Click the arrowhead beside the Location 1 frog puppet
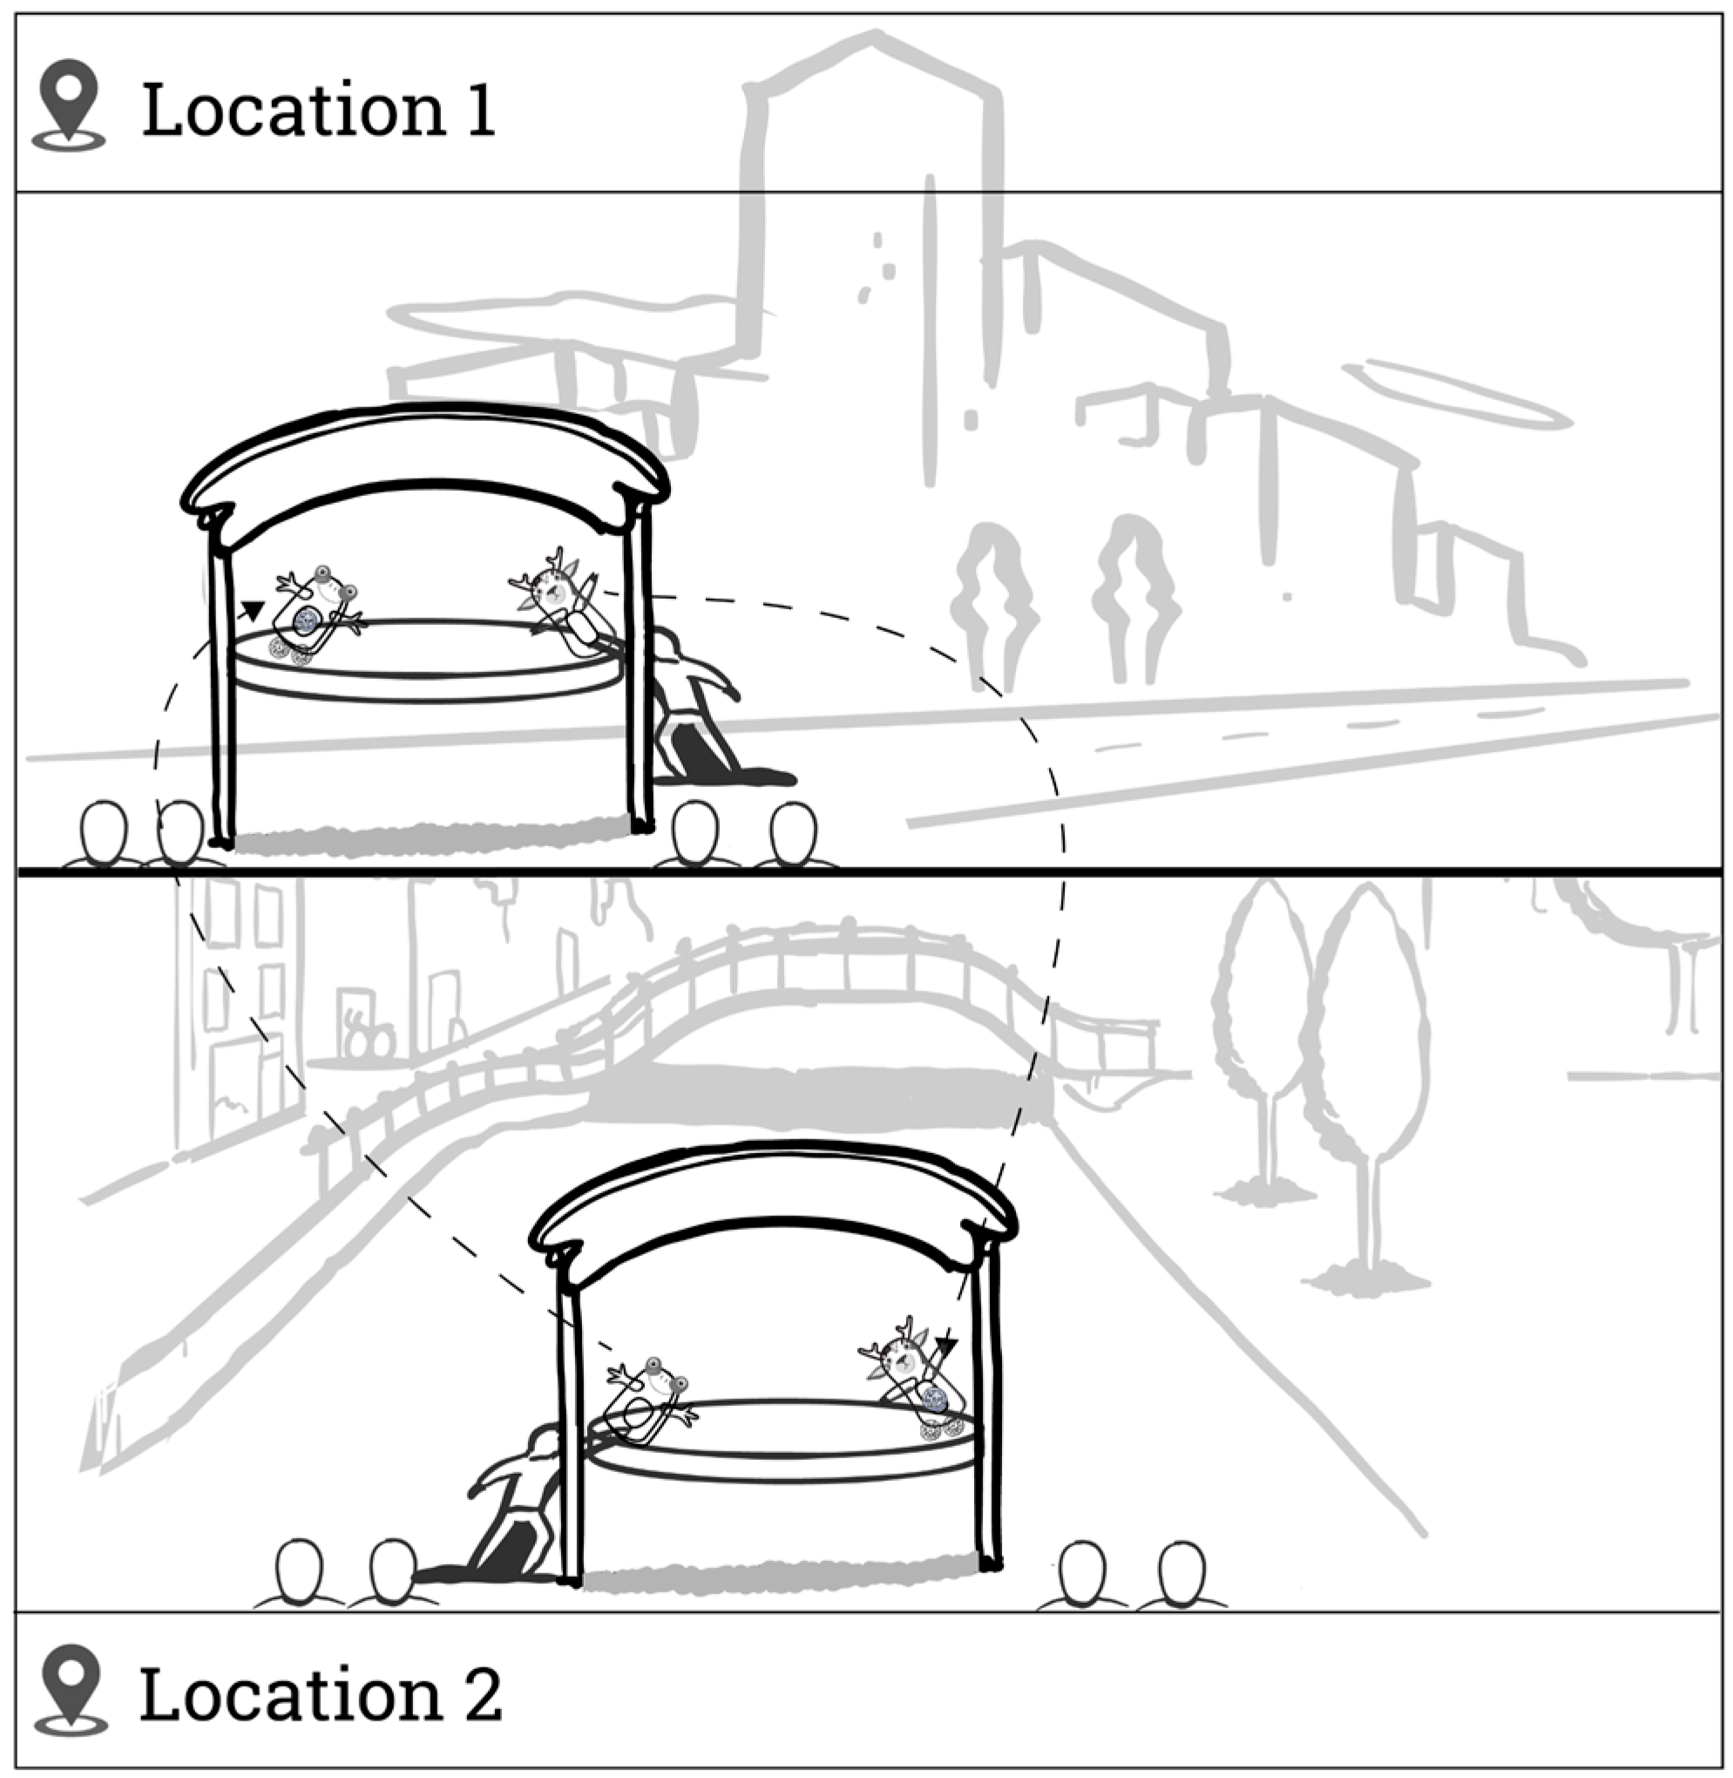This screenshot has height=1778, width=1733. coord(252,609)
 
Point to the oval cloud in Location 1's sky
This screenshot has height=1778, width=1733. coord(1456,393)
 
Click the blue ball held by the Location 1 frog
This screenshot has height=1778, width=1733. coord(306,621)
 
